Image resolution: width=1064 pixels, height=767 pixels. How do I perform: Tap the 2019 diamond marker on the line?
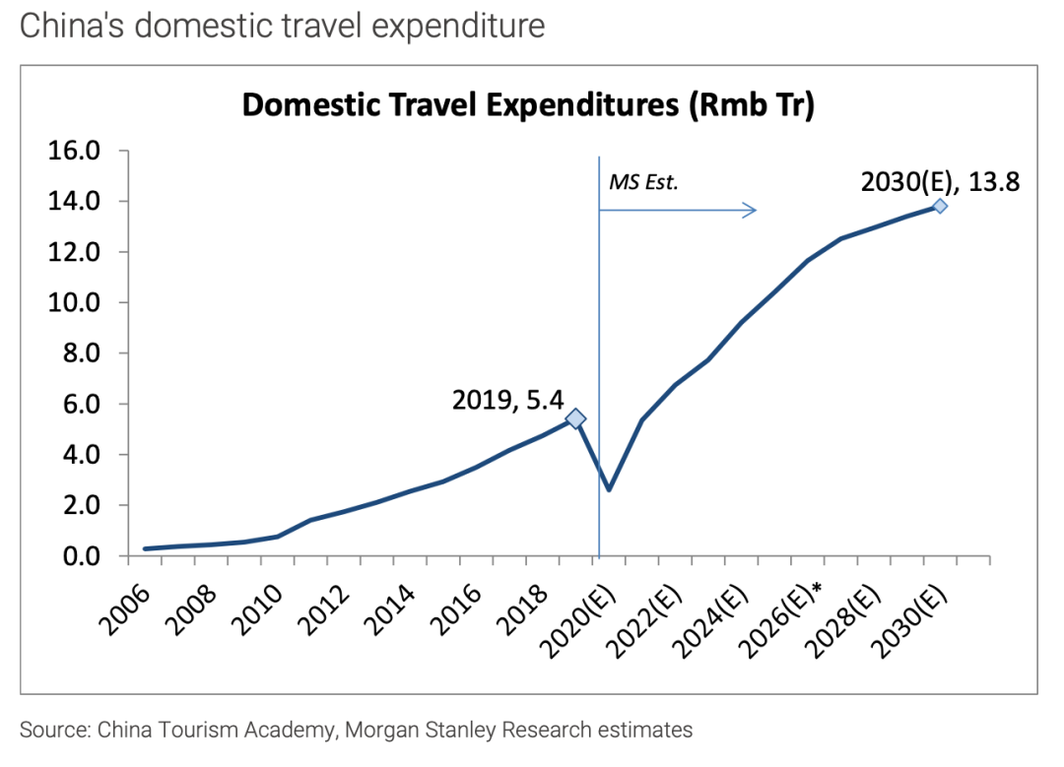coord(575,419)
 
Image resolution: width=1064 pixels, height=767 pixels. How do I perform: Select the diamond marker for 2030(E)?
coord(940,206)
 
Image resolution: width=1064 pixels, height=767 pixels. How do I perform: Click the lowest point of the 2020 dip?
coord(609,489)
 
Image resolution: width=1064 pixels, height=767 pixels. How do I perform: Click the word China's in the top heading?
coord(72,26)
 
